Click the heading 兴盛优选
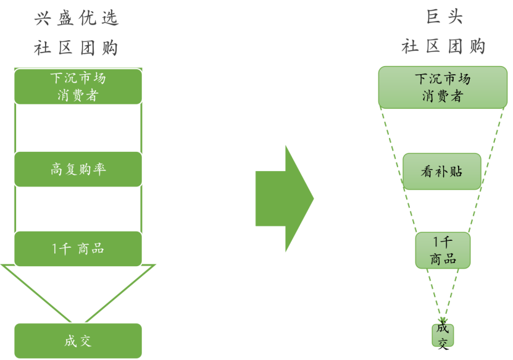click(77, 19)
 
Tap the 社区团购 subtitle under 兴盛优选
click(77, 48)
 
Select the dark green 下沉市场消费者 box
click(78, 86)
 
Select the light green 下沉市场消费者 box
click(443, 87)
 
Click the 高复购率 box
click(78, 169)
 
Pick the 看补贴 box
click(442, 172)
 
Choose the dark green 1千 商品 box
click(78, 249)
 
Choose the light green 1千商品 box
click(443, 250)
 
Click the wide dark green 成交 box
click(78, 341)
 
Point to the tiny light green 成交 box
click(443, 335)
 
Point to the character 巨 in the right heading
click(432, 17)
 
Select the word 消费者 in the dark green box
click(78, 96)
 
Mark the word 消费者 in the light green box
click(443, 96)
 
